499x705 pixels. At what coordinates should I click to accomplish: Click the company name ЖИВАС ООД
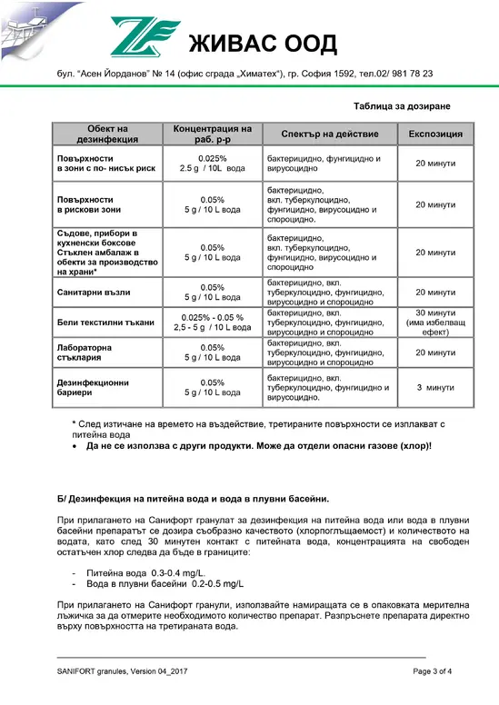tap(260, 43)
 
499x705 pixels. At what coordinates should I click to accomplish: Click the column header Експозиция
tap(435, 134)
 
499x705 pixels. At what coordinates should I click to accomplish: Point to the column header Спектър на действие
tap(328, 134)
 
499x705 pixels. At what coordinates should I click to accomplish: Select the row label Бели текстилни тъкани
tap(105, 323)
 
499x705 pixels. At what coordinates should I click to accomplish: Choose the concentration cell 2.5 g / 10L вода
tap(212, 169)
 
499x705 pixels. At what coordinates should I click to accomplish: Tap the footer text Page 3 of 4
tap(433, 670)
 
